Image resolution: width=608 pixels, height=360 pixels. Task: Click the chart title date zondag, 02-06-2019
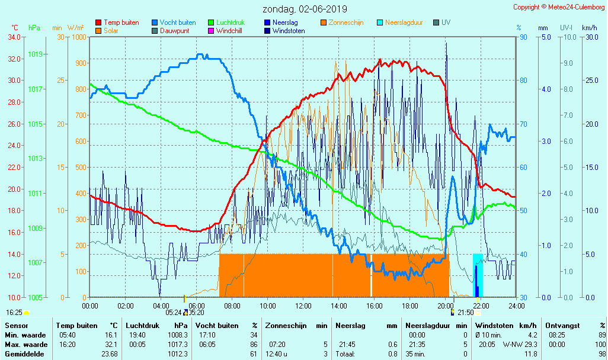(305, 9)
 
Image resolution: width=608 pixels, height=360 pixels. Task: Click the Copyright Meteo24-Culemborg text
(558, 7)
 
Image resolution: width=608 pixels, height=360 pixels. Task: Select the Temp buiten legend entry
(121, 22)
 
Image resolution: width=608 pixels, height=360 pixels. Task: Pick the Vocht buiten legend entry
(177, 22)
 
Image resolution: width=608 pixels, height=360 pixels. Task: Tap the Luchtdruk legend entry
(230, 22)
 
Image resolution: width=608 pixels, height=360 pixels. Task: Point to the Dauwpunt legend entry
(174, 30)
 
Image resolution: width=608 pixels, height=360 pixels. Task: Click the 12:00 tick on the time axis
(303, 306)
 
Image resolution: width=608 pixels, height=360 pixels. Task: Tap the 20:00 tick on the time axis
(446, 306)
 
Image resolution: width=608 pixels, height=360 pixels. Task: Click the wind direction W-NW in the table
(512, 344)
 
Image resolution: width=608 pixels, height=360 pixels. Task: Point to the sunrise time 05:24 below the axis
(174, 312)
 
